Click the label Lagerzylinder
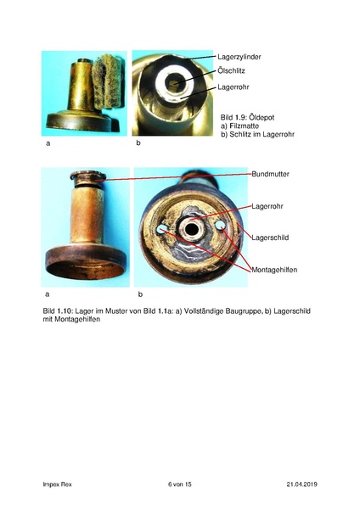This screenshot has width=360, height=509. pyautogui.click(x=240, y=56)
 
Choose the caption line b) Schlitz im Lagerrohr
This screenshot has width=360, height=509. pyautogui.click(x=257, y=134)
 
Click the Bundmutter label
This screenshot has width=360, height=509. pyautogui.click(x=271, y=174)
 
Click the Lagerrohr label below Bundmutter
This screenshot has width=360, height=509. pyautogui.click(x=268, y=205)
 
